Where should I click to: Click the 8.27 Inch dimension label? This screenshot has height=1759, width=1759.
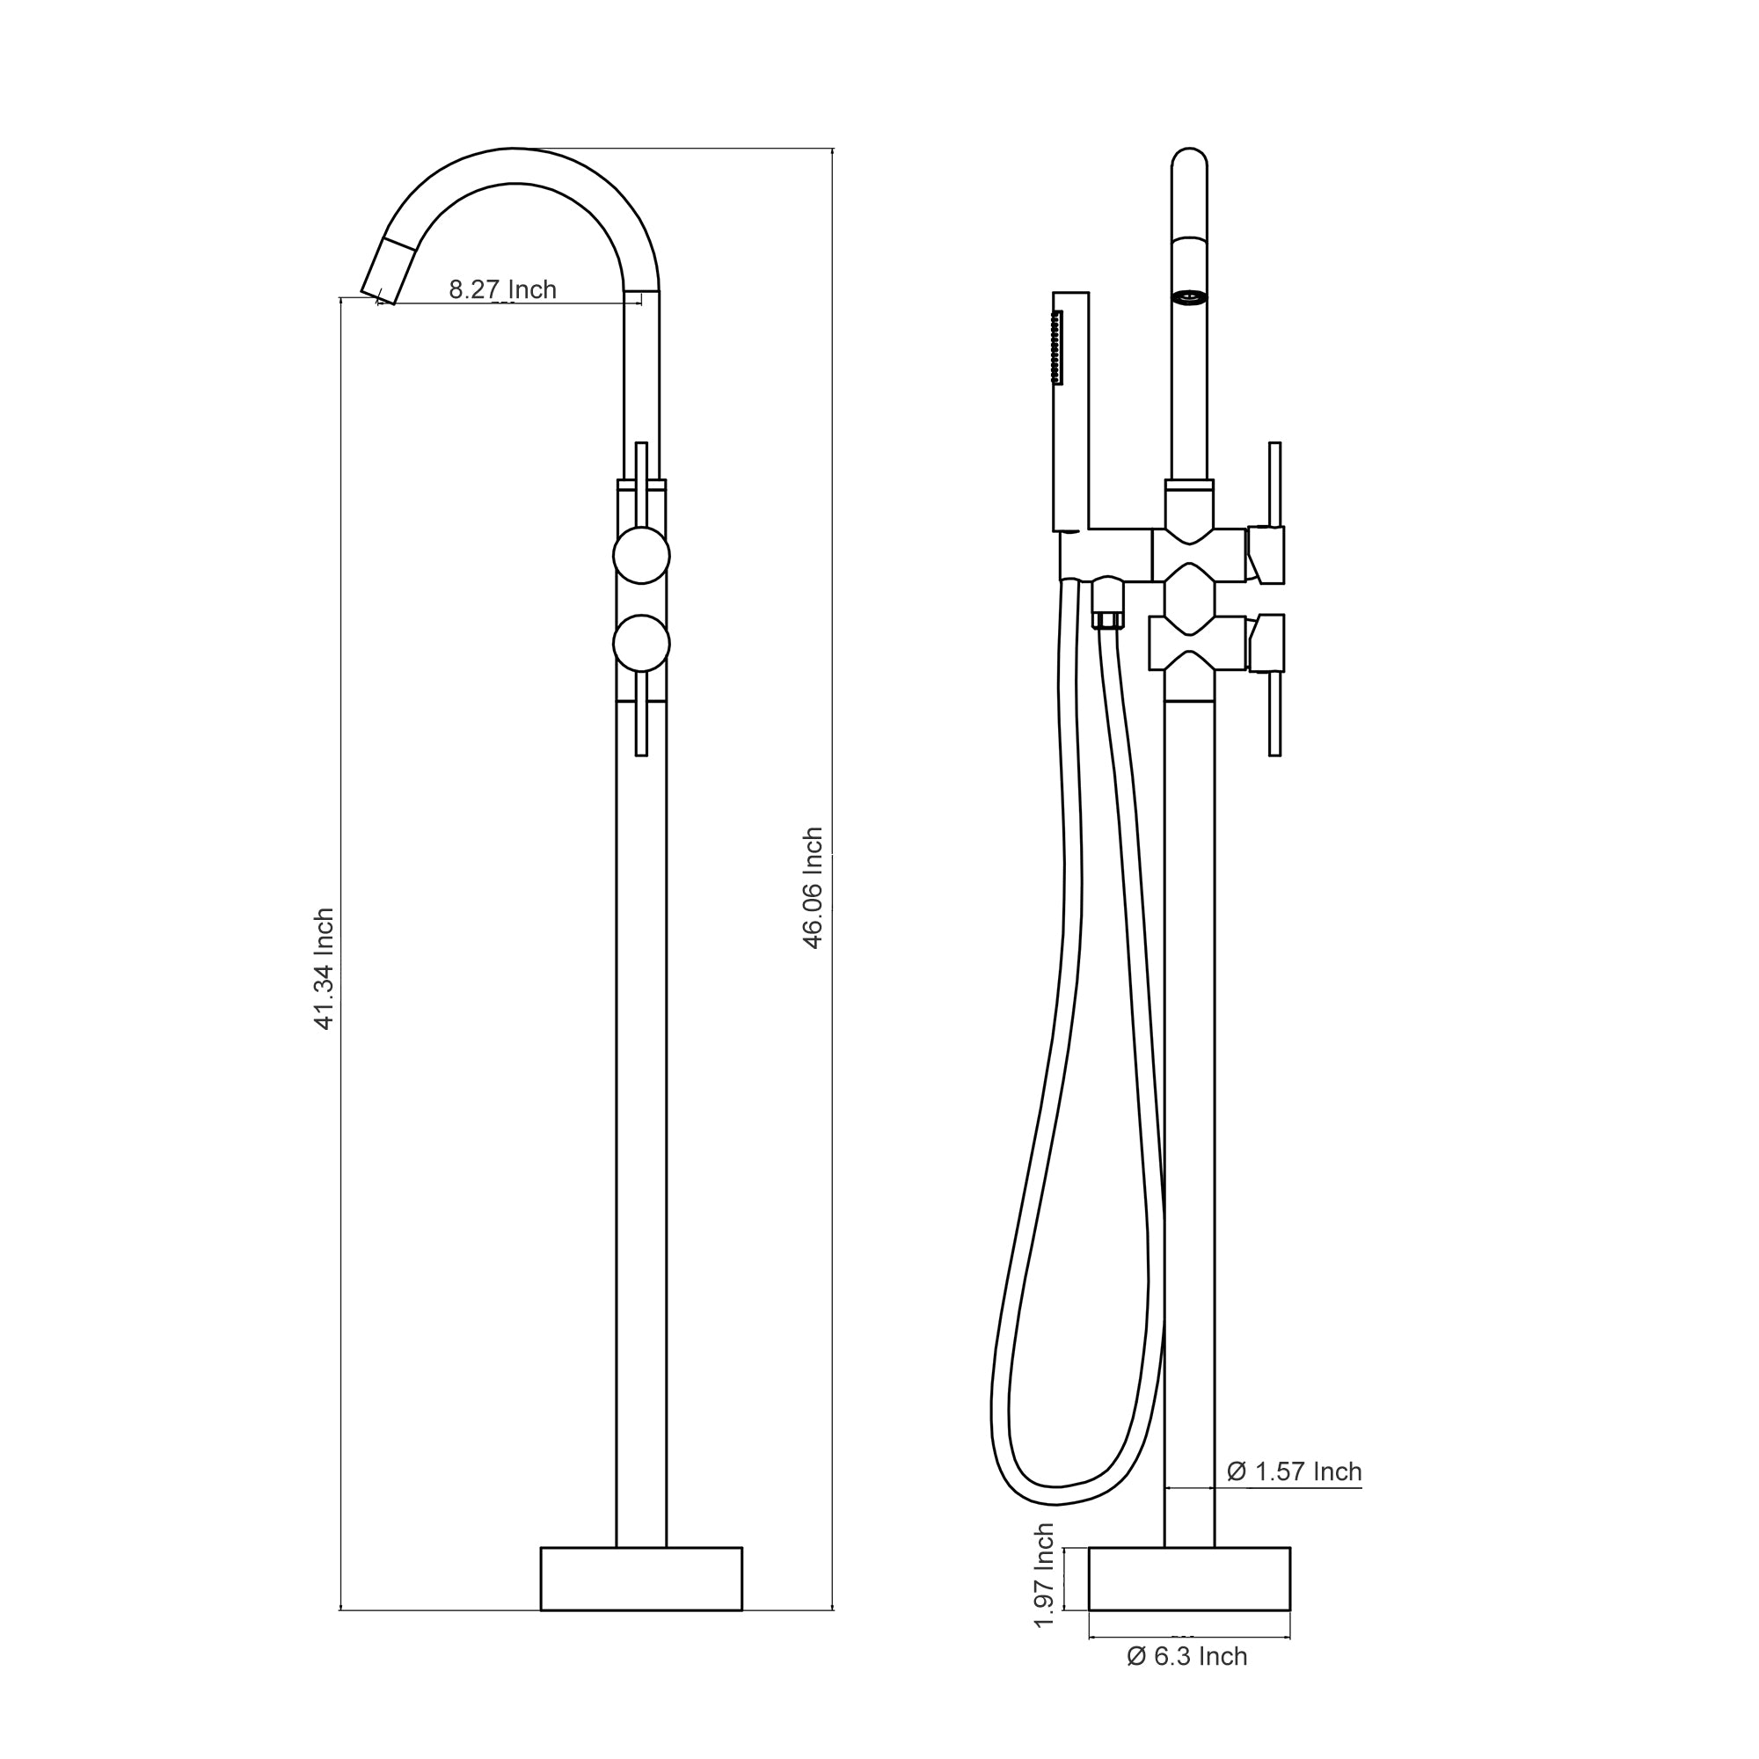pos(502,289)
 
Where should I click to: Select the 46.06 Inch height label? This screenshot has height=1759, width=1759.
pos(813,887)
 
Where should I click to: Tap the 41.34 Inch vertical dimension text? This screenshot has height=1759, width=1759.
pos(325,968)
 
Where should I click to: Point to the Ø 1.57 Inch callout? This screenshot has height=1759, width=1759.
pos(1294,1472)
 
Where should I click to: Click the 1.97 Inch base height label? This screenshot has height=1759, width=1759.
pos(1045,1575)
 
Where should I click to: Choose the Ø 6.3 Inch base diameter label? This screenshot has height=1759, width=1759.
pos(1187,1656)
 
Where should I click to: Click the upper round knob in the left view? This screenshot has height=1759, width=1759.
pos(641,555)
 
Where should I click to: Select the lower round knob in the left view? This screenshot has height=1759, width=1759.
pos(641,644)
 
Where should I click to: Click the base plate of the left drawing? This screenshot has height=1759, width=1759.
pos(641,1578)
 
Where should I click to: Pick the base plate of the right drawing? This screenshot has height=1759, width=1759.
pos(1189,1578)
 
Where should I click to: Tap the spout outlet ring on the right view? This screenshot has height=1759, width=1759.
pos(1189,296)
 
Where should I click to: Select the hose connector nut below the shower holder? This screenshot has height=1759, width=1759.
pos(1108,620)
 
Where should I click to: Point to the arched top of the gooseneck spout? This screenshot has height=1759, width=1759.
pos(515,164)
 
